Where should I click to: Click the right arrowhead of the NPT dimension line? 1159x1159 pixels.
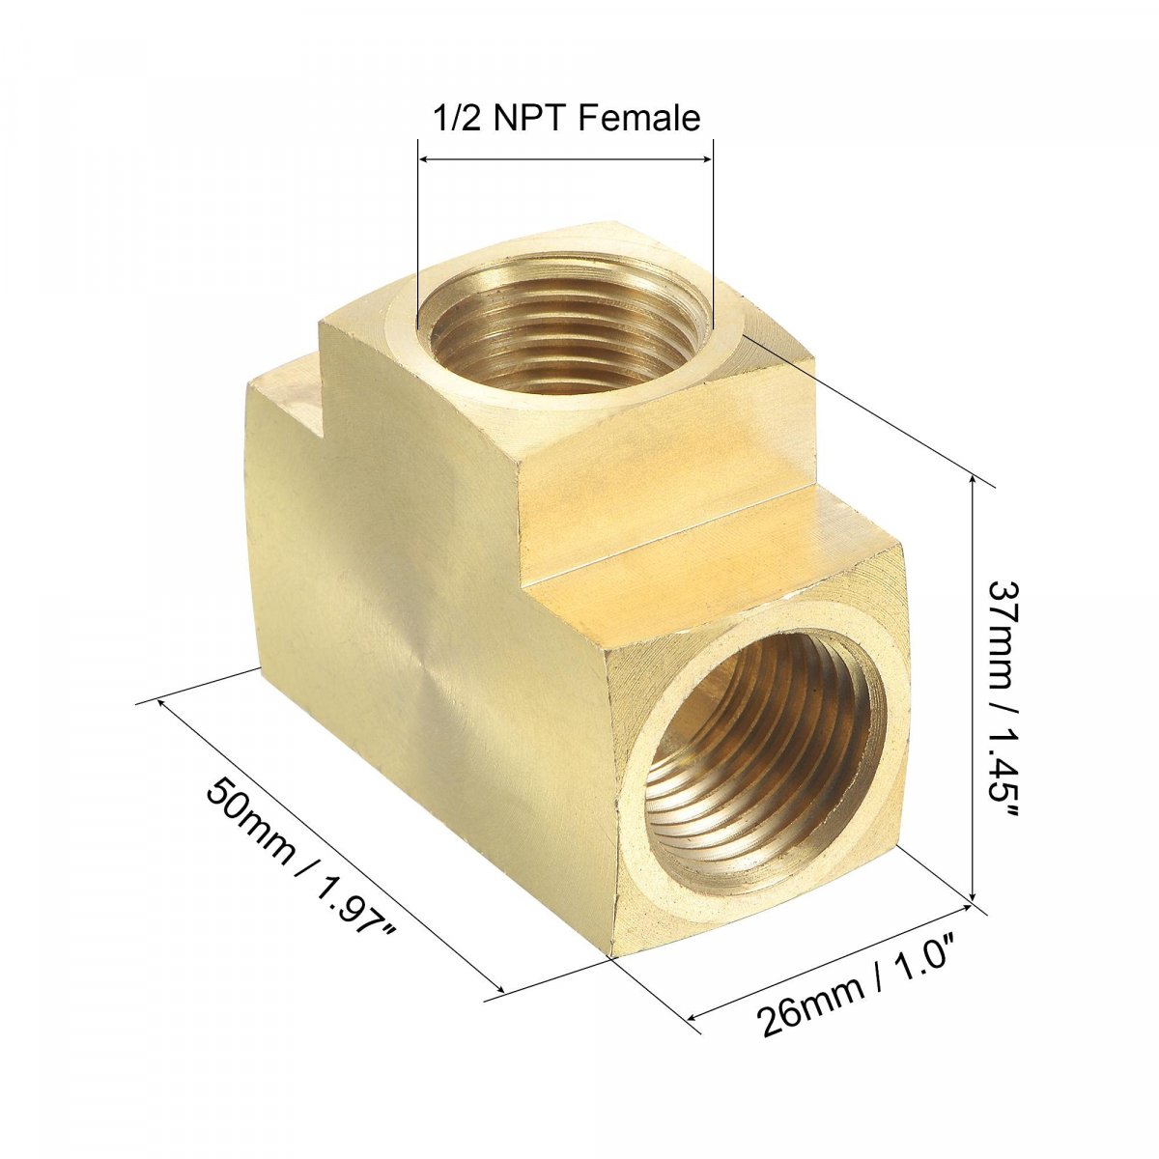(x=705, y=159)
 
